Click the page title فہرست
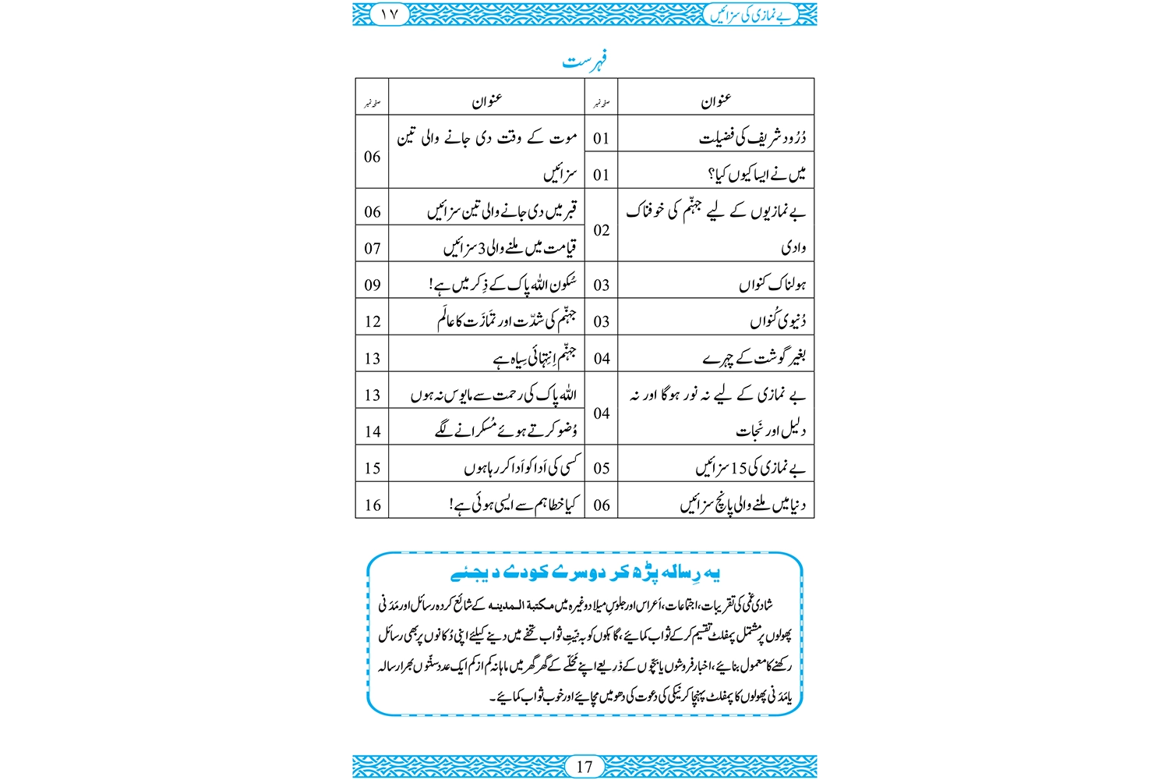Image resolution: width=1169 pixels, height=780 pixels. pos(585,60)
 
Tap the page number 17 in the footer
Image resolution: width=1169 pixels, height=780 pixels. pos(584,767)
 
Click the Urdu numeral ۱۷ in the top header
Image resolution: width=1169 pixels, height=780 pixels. pos(389,14)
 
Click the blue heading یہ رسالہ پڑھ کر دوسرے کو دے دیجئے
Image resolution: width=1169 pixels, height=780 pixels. pos(585,573)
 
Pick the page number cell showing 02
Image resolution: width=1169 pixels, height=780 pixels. pos(601,230)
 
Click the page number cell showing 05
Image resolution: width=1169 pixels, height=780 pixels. pos(601,468)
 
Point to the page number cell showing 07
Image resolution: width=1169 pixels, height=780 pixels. pos(373,248)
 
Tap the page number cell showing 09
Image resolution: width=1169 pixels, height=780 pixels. pos(373,285)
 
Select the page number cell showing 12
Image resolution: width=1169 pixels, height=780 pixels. pos(373,321)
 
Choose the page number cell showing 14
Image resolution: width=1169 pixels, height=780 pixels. pos(373,431)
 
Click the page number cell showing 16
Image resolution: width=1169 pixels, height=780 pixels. pos(373,505)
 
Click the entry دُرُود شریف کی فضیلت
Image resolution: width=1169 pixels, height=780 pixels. pos(752,139)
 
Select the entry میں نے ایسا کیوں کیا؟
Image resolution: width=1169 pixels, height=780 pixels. pos(756,175)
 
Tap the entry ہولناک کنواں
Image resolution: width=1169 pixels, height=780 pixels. pos(772,285)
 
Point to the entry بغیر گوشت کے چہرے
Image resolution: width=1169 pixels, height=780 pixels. pos(754,358)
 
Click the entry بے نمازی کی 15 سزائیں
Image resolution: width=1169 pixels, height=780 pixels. pos(750,468)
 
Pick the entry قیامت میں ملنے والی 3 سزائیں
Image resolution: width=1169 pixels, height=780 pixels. pos(510,248)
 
